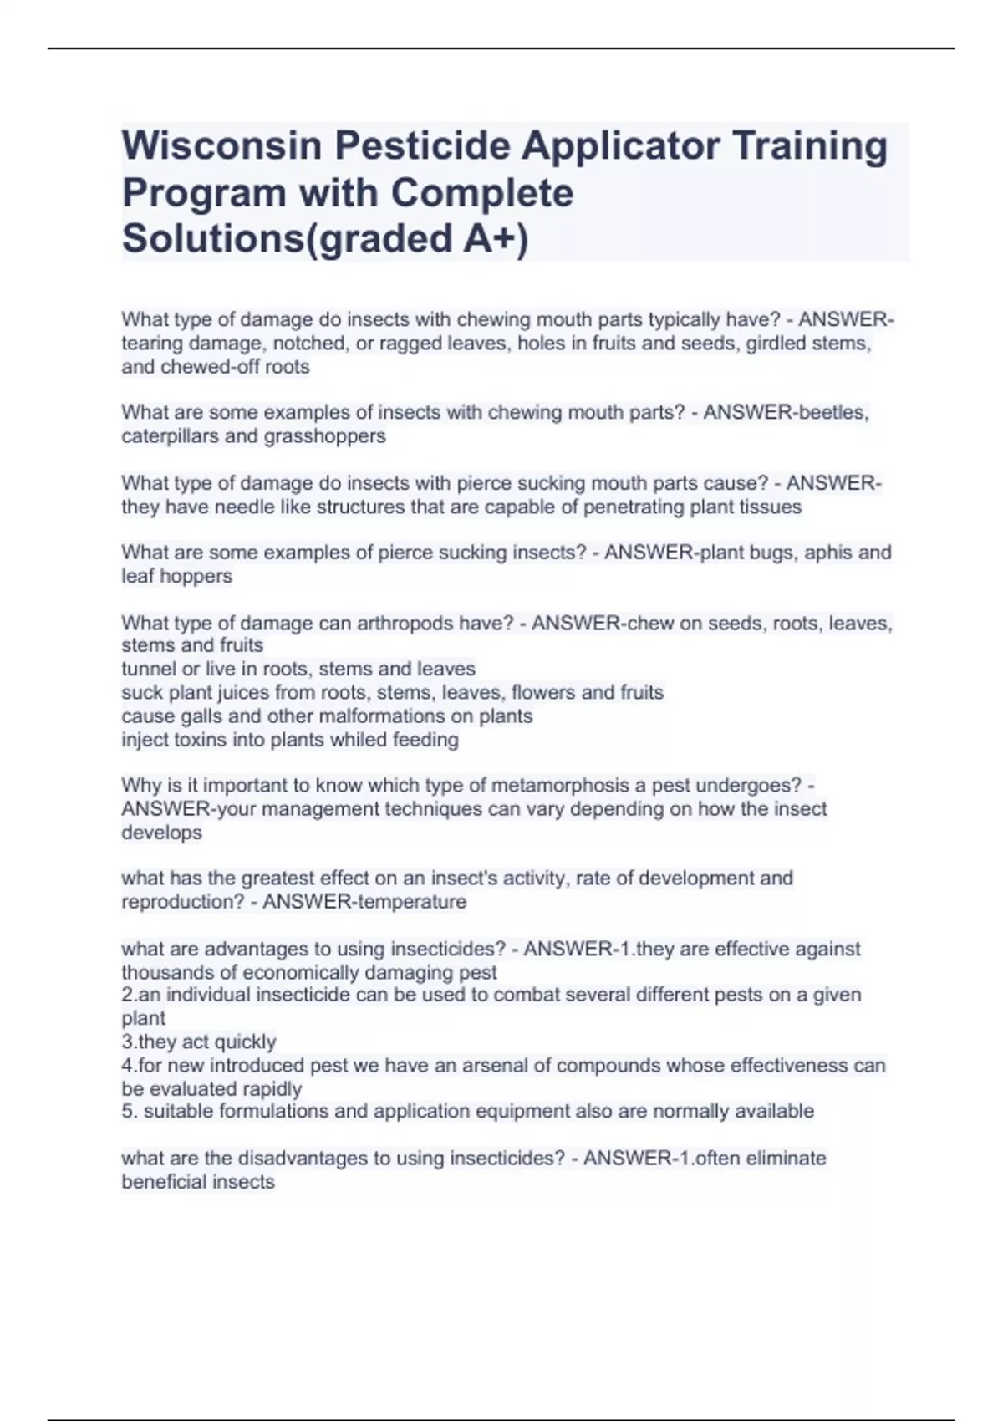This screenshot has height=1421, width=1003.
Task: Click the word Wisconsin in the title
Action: [221, 145]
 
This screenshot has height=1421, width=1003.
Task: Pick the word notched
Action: [306, 343]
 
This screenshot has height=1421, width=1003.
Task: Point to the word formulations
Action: [264, 1111]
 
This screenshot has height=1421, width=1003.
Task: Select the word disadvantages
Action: [303, 1159]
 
